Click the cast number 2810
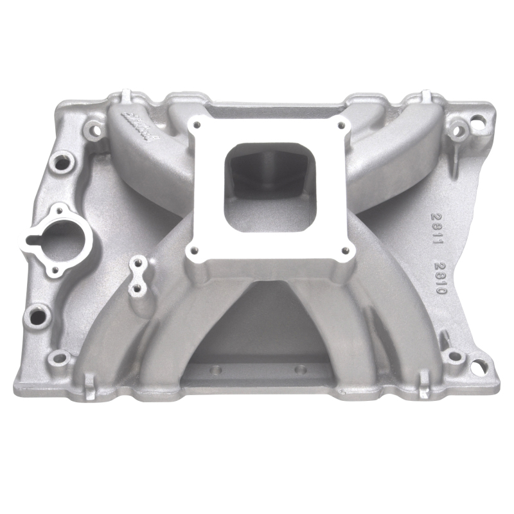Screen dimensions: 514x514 439,278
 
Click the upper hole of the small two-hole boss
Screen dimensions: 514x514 137,263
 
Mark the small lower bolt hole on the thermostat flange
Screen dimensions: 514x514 55,270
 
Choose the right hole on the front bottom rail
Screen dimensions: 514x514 299,369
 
